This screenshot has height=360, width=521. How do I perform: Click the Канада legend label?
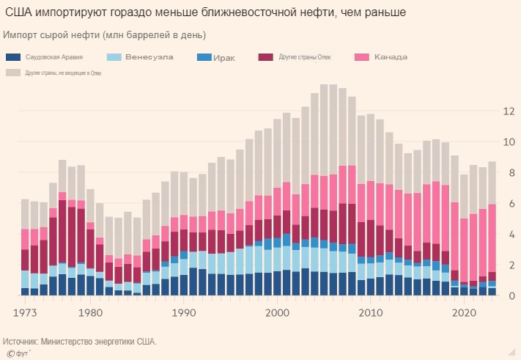(391, 57)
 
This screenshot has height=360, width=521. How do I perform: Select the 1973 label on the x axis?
(26, 312)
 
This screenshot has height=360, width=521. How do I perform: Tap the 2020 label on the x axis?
(464, 312)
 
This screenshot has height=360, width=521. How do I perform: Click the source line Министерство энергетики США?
(81, 341)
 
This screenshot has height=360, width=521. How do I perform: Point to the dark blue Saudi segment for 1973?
(25, 292)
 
